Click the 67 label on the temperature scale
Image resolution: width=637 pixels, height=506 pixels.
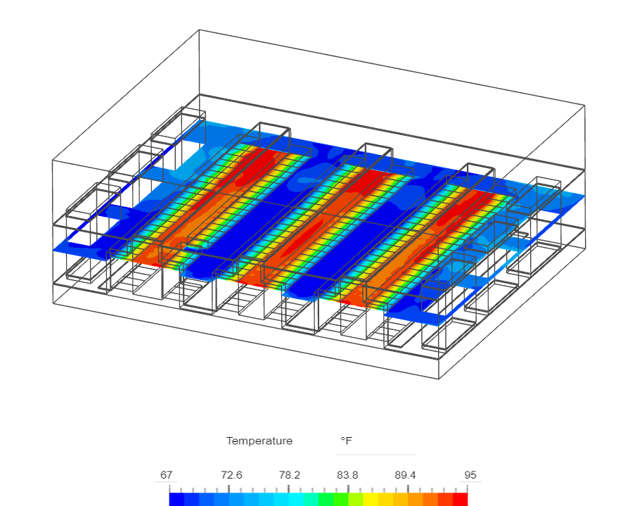(166, 474)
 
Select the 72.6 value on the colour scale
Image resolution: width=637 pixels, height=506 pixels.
(231, 474)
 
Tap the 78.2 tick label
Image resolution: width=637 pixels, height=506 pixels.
(289, 474)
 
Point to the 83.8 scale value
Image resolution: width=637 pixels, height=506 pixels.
(347, 474)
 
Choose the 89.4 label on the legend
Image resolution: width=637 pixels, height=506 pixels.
(405, 474)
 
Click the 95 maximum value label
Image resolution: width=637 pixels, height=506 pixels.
(470, 474)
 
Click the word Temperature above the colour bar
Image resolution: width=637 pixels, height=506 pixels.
(259, 441)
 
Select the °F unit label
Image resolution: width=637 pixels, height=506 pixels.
(347, 441)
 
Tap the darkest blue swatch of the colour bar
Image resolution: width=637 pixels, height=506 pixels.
(176, 500)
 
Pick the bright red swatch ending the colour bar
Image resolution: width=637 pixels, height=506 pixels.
(460, 500)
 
